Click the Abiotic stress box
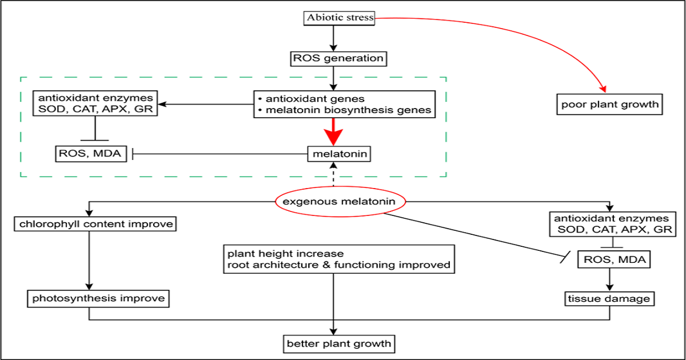pyautogui.click(x=338, y=18)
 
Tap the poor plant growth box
pyautogui.click(x=609, y=105)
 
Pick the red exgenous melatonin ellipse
pyautogui.click(x=341, y=202)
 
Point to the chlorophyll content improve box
pyautogui.click(x=94, y=224)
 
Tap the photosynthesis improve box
pyautogui.click(x=98, y=298)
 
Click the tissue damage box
pyautogui.click(x=610, y=298)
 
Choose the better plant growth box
pyautogui.click(x=339, y=343)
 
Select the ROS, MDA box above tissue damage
pyautogui.click(x=612, y=260)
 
